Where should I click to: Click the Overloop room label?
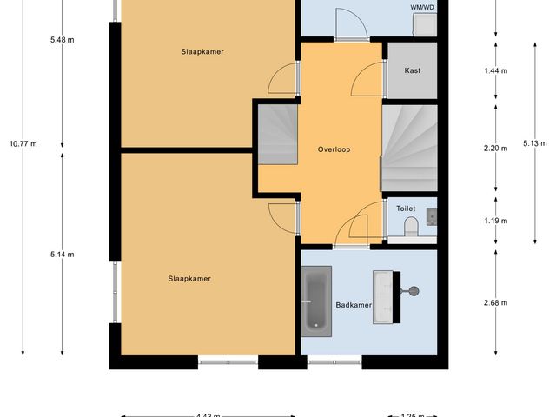pyautogui.click(x=334, y=149)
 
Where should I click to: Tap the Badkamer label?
pyautogui.click(x=354, y=305)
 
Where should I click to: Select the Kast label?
pyautogui.click(x=413, y=70)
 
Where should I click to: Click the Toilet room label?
pyautogui.click(x=406, y=208)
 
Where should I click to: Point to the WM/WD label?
pyautogui.click(x=422, y=6)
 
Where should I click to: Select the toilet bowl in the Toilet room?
pyautogui.click(x=413, y=228)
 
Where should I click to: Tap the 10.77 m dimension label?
pyautogui.click(x=23, y=144)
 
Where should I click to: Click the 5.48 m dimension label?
pyautogui.click(x=63, y=40)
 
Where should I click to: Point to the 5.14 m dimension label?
pyautogui.click(x=63, y=255)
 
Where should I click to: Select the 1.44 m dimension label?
pyautogui.click(x=496, y=70)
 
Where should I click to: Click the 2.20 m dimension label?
pyautogui.click(x=496, y=149)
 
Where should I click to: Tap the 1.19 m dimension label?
pyautogui.click(x=496, y=221)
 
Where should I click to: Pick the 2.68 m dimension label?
pyautogui.click(x=496, y=303)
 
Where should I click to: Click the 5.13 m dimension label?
pyautogui.click(x=536, y=142)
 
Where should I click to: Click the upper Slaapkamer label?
pyautogui.click(x=202, y=52)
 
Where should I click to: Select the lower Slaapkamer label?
pyautogui.click(x=189, y=279)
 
